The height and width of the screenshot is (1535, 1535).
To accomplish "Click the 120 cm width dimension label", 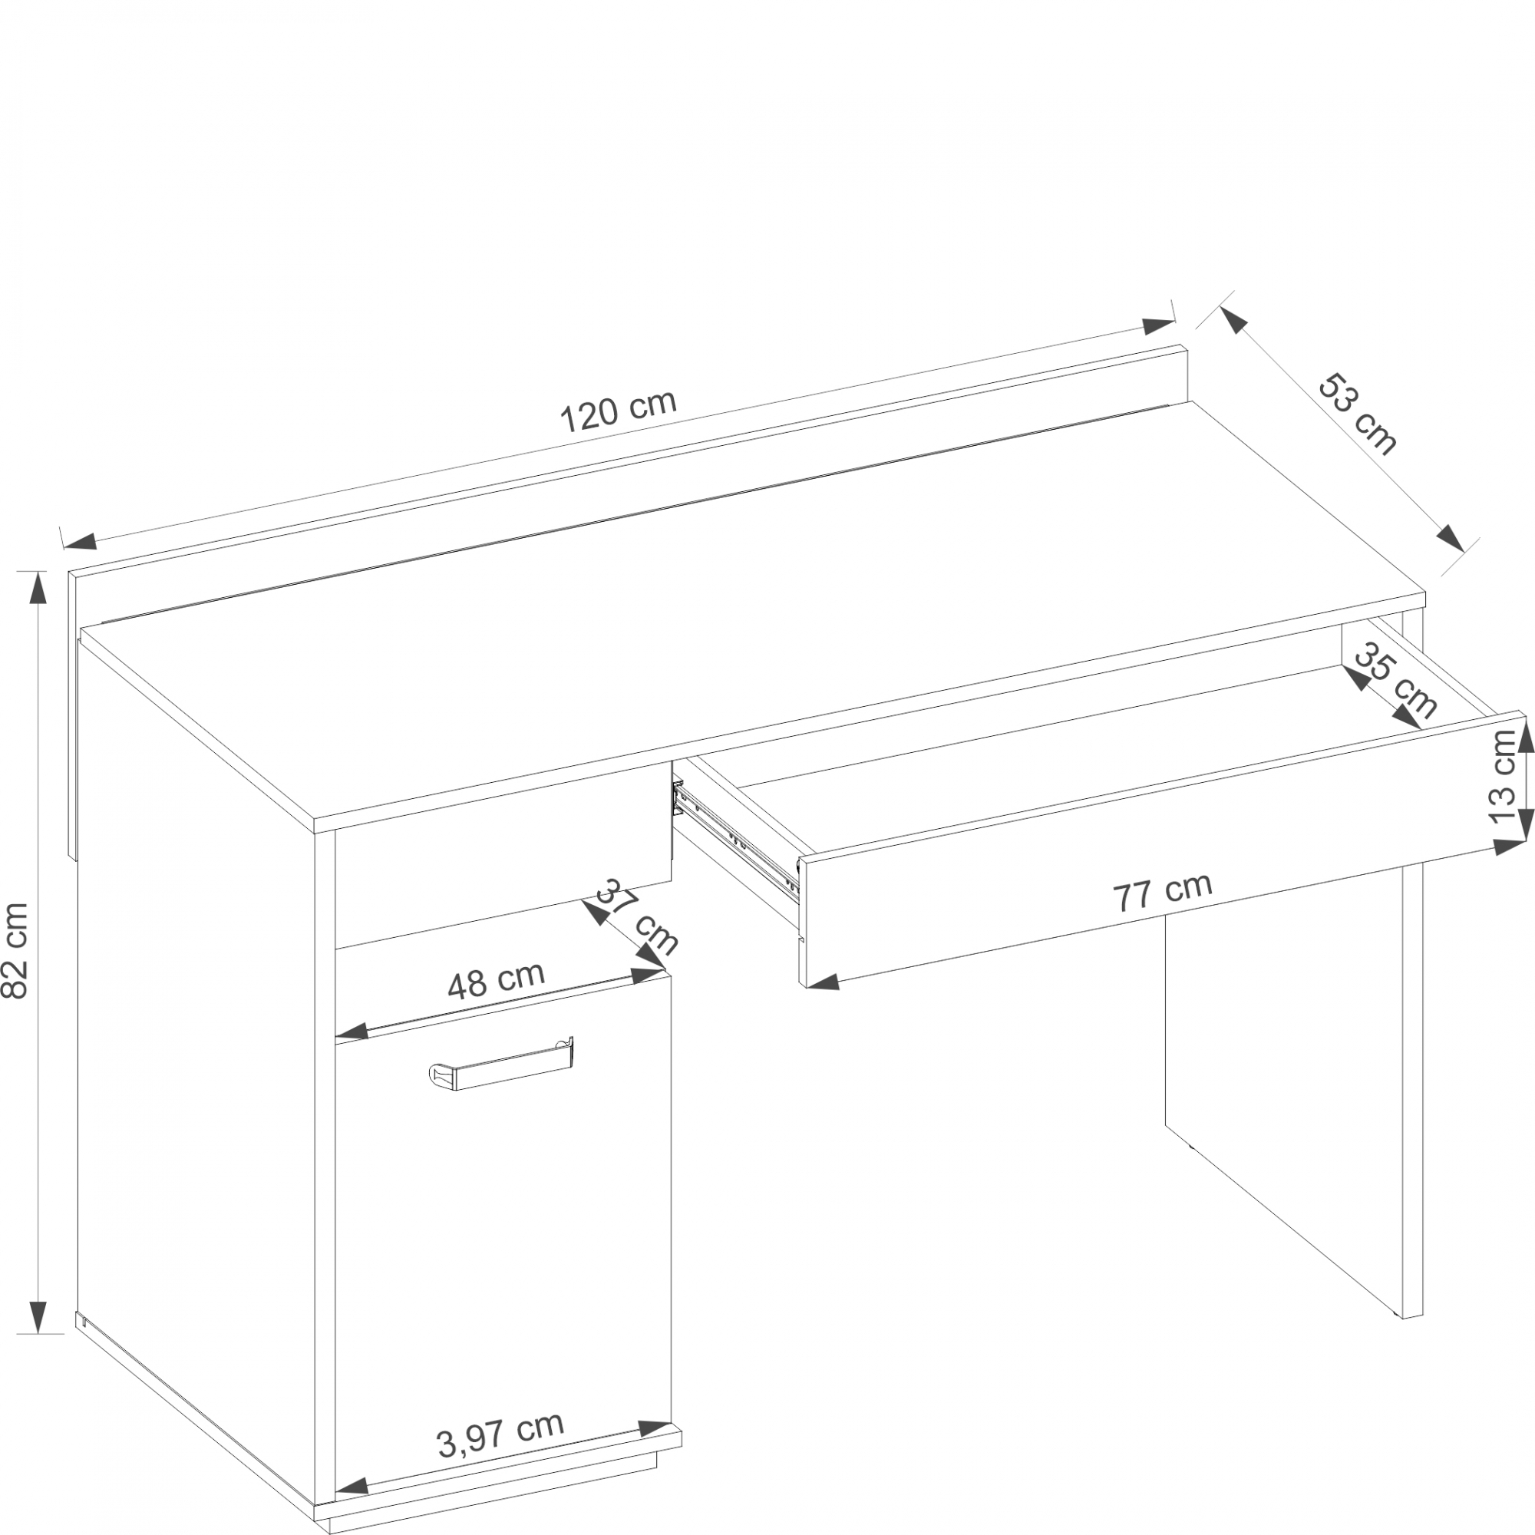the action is (x=618, y=411).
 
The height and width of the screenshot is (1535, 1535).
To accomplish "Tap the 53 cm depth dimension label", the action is (x=1357, y=414).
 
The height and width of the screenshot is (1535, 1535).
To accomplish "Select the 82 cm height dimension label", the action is (x=16, y=951).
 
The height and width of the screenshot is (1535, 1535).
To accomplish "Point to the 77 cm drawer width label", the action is (x=1162, y=893).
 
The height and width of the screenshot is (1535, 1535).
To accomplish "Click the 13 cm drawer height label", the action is (x=1504, y=777).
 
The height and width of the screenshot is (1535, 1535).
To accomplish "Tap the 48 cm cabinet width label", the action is (x=496, y=981).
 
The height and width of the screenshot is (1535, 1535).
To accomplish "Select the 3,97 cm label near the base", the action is (x=500, y=1436).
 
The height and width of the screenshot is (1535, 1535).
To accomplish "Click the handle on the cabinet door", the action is (x=501, y=1063).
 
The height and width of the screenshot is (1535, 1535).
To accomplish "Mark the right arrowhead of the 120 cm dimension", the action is (x=1158, y=325).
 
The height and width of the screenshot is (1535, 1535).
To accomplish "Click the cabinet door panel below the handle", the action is (x=502, y=1271).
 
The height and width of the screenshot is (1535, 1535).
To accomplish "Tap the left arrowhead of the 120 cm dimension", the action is (x=81, y=541).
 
